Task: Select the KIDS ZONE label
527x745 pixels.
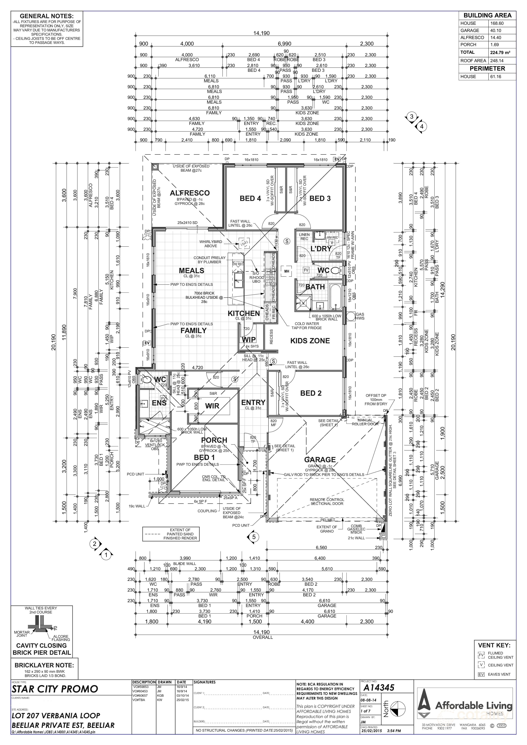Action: pos(310,341)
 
